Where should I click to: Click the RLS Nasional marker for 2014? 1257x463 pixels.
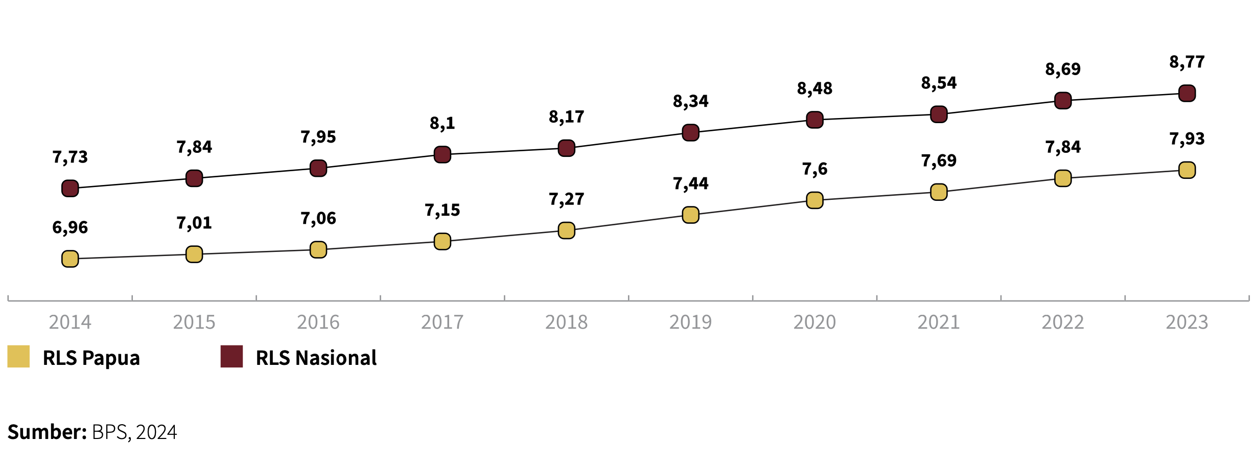(x=70, y=189)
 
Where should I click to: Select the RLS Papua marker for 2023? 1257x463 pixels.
(x=1186, y=170)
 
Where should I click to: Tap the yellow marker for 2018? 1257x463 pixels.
(x=566, y=230)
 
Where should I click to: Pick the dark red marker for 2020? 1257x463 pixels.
(x=814, y=120)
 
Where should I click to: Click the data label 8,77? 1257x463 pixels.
(x=1186, y=62)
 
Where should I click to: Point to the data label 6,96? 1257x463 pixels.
(x=70, y=227)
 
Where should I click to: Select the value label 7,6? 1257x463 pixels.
(x=814, y=169)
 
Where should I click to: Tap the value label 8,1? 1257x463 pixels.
(x=442, y=123)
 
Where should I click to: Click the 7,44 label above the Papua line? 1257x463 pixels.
(x=690, y=183)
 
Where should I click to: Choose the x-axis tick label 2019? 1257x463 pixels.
(x=690, y=322)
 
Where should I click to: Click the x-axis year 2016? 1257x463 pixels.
(x=318, y=322)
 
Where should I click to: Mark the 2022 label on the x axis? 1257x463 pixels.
(x=1063, y=322)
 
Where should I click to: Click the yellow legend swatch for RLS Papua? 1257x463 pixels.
(x=18, y=357)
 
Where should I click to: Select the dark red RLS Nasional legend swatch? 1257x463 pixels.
(x=231, y=357)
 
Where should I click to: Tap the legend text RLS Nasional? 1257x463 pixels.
(x=316, y=358)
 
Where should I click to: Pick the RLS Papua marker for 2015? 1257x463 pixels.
(x=194, y=254)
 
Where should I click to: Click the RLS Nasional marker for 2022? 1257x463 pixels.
(x=1063, y=101)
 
